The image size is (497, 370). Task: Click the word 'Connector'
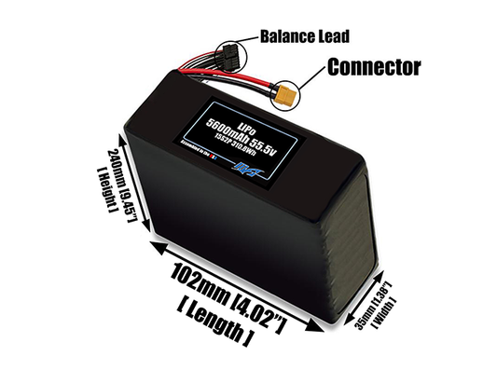click(x=373, y=67)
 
